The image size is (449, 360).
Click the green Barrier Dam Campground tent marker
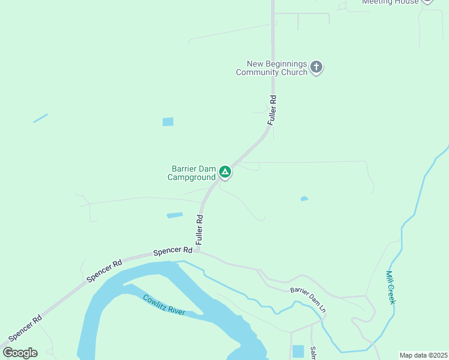tap(225, 172)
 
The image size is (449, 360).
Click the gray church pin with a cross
tap(316, 67)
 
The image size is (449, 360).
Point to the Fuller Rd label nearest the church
tap(273, 110)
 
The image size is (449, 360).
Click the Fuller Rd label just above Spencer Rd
tap(200, 229)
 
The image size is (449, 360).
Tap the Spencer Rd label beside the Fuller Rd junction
tap(172, 251)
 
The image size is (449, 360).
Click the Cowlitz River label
tap(164, 305)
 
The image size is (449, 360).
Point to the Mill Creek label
tap(390, 287)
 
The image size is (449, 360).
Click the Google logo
tap(20, 353)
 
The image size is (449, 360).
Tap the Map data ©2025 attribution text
tap(423, 355)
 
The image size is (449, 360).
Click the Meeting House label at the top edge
tap(390, 2)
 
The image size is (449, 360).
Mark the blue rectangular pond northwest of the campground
tap(168, 122)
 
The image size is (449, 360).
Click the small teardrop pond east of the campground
tap(304, 199)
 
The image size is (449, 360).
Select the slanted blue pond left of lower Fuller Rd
tap(175, 215)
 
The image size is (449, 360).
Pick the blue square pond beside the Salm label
tap(298, 351)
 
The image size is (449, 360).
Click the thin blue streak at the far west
tap(40, 118)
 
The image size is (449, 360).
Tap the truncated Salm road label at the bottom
tap(313, 353)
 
